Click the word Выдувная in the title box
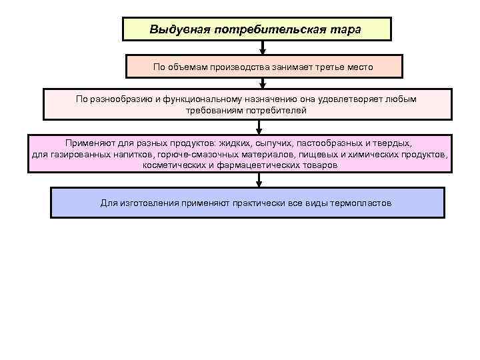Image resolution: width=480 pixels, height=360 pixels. pyautogui.click(x=175, y=30)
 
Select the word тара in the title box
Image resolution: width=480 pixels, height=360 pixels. pyautogui.click(x=346, y=30)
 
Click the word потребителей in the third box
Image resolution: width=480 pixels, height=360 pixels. pyautogui.click(x=277, y=110)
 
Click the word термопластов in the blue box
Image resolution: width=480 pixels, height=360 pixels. pyautogui.click(x=357, y=203)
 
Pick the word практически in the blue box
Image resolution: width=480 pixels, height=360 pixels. pyautogui.click(x=254, y=203)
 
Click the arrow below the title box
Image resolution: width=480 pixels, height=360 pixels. pyautogui.click(x=262, y=49)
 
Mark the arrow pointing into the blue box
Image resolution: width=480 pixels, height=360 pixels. pyautogui.click(x=260, y=181)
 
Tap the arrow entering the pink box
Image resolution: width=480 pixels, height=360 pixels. pyautogui.click(x=259, y=127)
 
